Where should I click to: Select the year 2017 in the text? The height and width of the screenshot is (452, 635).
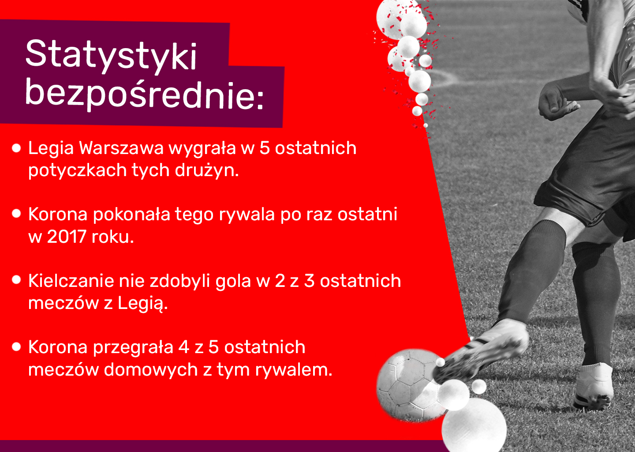pyautogui.click(x=67, y=236)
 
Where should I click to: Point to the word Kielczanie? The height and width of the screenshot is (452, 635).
pyautogui.click(x=71, y=281)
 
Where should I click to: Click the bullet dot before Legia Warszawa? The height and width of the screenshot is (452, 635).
pyautogui.click(x=16, y=148)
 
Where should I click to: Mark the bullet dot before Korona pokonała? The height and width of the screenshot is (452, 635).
pyautogui.click(x=16, y=213)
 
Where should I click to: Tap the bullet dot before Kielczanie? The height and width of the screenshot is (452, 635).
pyautogui.click(x=16, y=279)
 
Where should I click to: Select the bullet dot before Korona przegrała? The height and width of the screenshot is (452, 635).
pyautogui.click(x=16, y=347)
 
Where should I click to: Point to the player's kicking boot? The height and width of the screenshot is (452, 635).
pyautogui.click(x=482, y=350)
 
